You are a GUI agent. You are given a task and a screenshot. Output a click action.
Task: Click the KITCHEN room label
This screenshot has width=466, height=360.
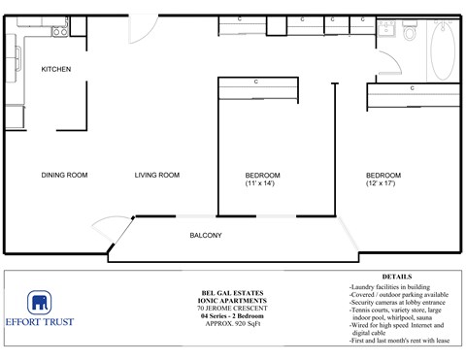(x=55, y=69)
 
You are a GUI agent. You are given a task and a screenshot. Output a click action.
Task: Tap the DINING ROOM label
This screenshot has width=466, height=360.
(x=65, y=176)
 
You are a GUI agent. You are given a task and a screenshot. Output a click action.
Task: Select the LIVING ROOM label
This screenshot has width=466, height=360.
(x=157, y=176)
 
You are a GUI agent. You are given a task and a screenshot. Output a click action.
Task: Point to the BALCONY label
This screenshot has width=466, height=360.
(x=205, y=236)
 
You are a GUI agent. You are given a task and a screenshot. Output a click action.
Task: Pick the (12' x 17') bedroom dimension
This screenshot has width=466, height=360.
(x=383, y=184)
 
